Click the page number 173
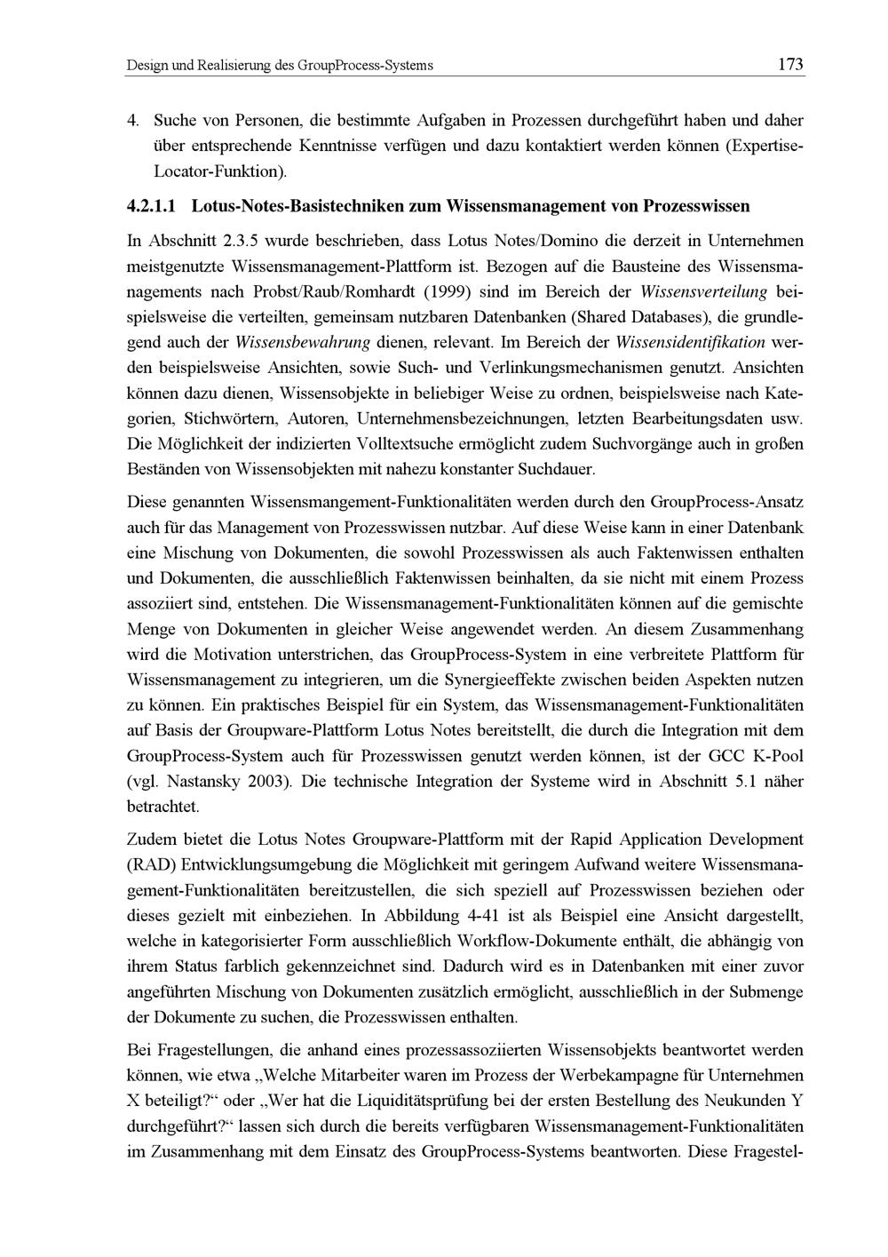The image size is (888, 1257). pyautogui.click(x=789, y=64)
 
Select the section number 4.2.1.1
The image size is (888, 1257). pyautogui.click(x=155, y=206)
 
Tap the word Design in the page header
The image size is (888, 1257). pyautogui.click(x=146, y=65)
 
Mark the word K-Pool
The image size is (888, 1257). pyautogui.click(x=776, y=757)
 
